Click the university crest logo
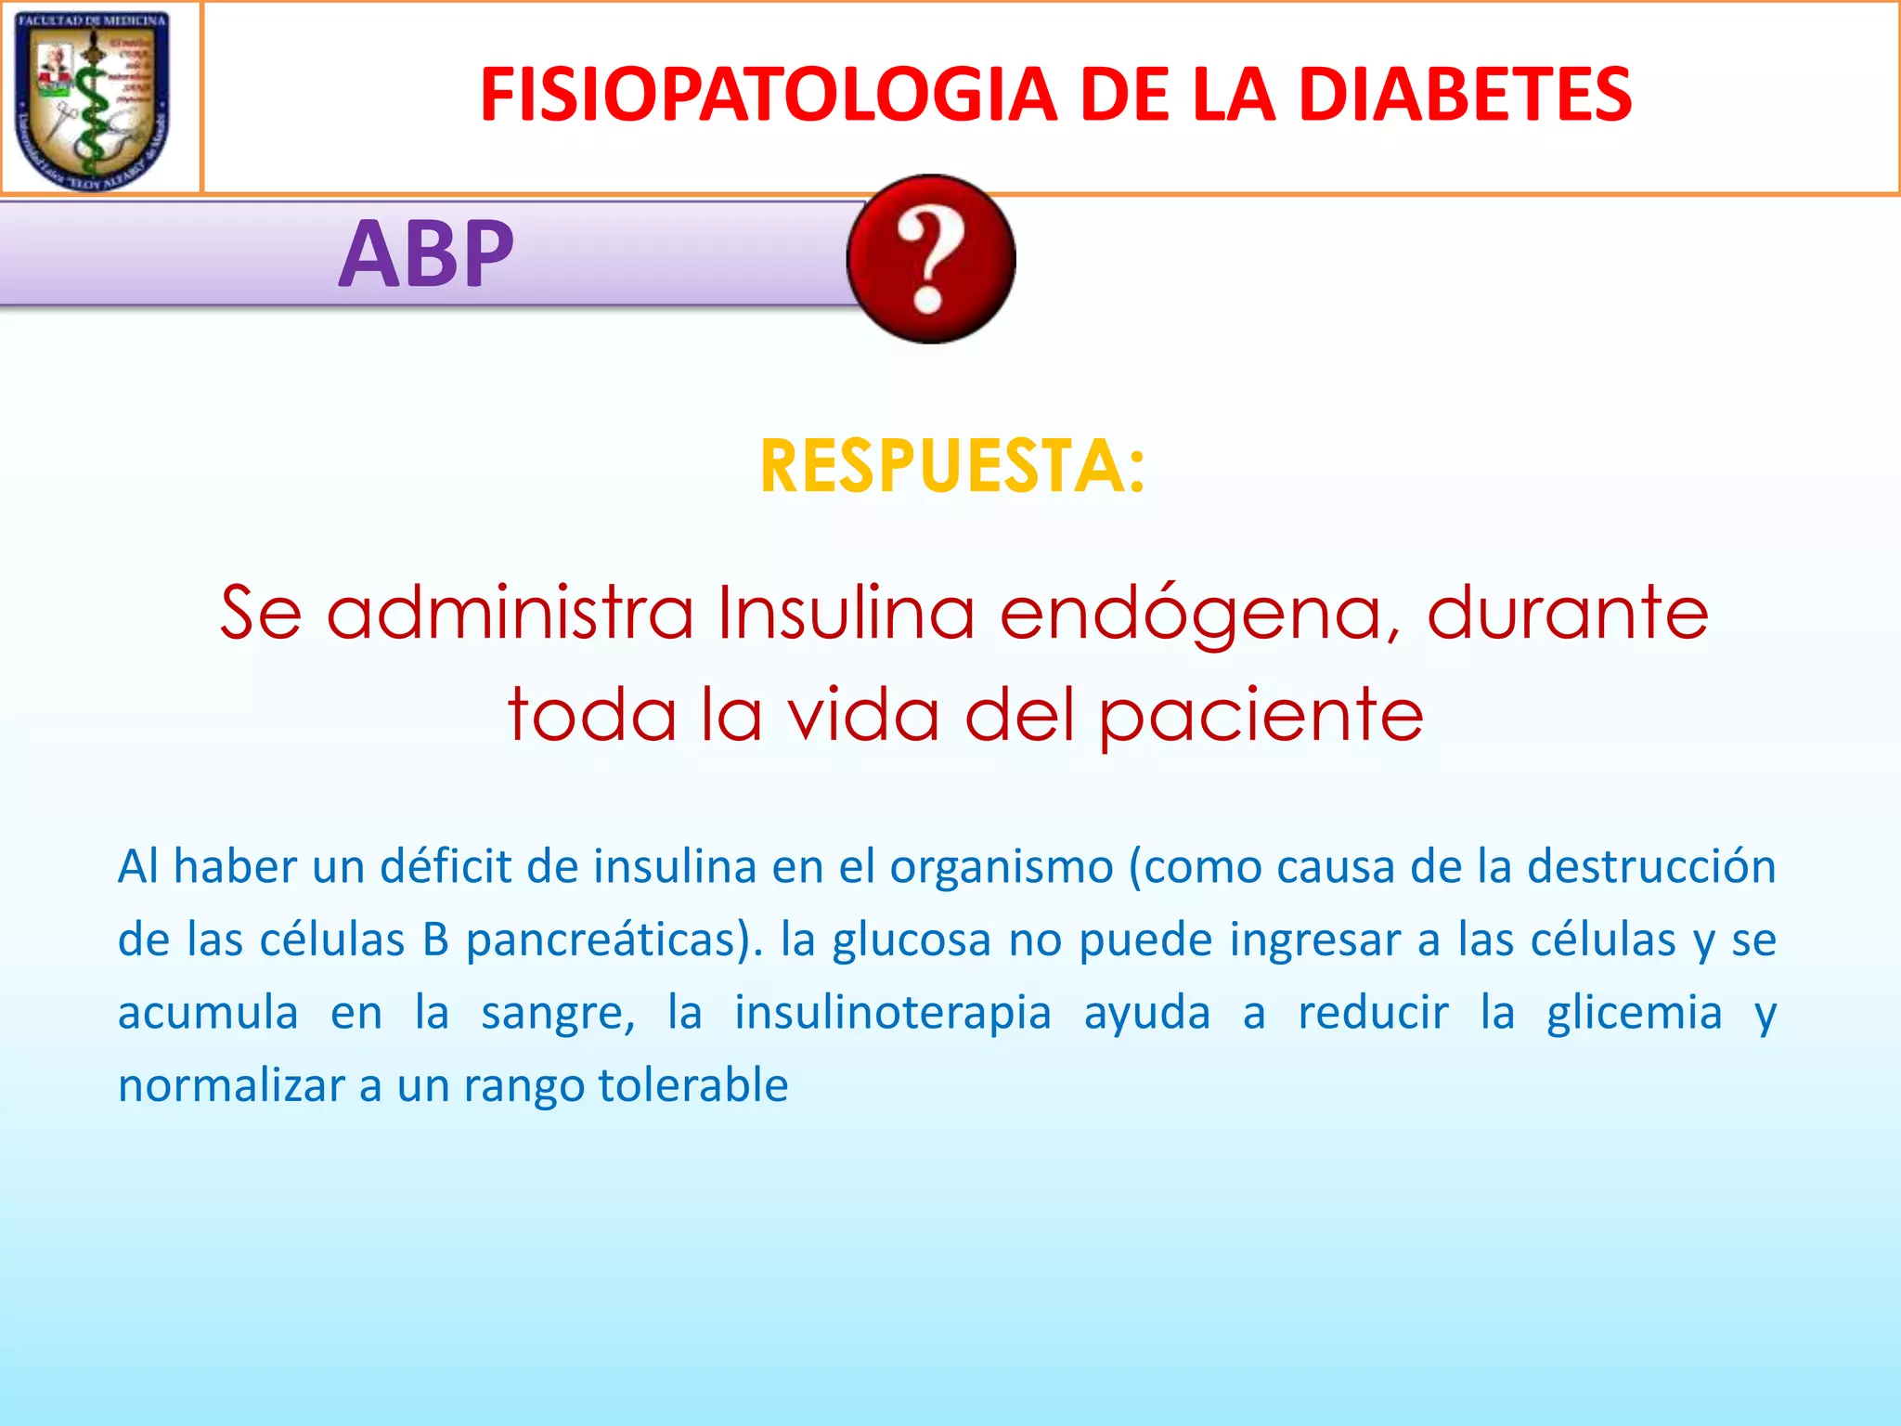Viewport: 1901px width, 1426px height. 93,98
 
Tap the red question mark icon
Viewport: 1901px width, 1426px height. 931,259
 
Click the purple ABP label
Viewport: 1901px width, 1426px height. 426,253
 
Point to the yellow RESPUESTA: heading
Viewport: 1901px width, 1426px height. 952,466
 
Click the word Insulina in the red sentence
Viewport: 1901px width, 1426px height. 846,614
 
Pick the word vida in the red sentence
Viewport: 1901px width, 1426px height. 863,715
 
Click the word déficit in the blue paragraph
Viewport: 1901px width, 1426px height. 446,866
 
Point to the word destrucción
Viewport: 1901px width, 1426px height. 1651,866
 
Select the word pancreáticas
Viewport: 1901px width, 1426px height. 614,940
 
